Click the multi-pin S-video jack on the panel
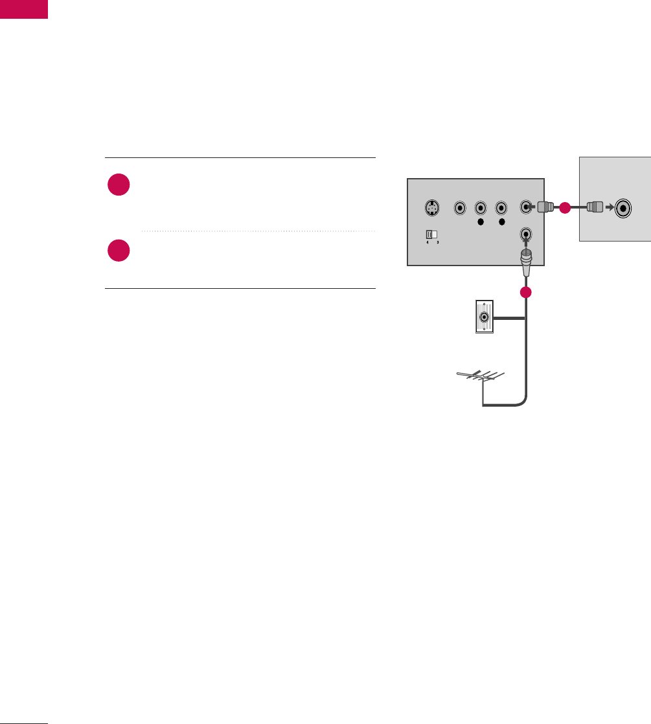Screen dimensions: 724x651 pos(431,209)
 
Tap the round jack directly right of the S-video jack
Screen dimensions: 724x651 pos(459,208)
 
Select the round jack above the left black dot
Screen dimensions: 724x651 pos(481,208)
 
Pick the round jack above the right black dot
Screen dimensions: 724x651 pos(501,208)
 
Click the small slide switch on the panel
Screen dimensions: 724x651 pos(429,234)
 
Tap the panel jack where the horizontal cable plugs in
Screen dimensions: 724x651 pos(527,208)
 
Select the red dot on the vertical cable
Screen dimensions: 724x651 pos(526,292)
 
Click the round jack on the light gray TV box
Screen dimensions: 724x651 pos(624,208)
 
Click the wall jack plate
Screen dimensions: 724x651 pos(483,318)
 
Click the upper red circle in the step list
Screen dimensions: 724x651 pos(119,186)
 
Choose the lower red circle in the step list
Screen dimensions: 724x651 pos(119,251)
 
